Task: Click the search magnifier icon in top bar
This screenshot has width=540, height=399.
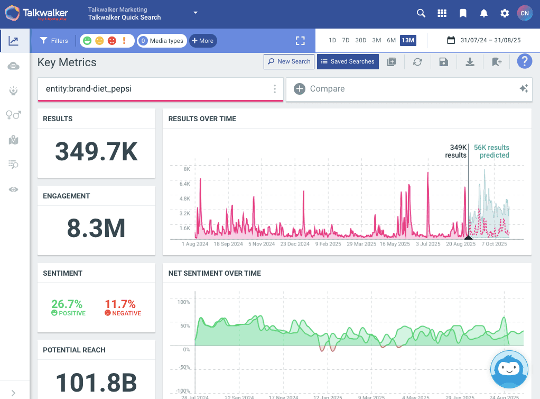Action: point(421,13)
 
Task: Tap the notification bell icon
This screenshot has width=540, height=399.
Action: point(483,13)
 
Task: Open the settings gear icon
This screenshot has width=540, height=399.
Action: point(505,13)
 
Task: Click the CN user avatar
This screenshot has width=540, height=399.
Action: point(524,13)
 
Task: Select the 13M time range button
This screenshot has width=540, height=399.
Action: point(407,40)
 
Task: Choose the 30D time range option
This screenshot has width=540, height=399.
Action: point(361,40)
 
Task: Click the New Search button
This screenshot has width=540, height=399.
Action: point(289,61)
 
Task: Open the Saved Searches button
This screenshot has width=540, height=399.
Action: point(348,61)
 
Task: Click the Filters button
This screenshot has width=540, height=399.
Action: point(54,41)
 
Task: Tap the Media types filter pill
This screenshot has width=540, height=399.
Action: point(162,41)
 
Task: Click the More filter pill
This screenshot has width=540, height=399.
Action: point(202,41)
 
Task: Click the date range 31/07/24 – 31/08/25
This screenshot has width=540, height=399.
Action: point(484,40)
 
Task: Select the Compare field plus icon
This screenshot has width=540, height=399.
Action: point(300,89)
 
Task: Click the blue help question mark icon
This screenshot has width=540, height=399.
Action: point(524,61)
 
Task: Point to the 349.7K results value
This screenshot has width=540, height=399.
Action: point(96,152)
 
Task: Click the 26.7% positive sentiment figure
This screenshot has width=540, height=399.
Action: point(67,304)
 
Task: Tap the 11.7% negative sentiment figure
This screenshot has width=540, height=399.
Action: point(120,304)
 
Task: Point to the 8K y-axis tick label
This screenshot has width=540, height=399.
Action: point(186,169)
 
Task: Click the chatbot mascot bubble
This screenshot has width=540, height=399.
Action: point(509,370)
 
